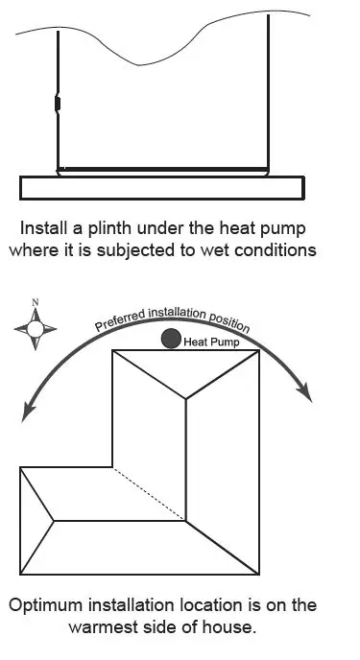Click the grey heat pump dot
[x=171, y=338]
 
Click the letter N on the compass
[x=36, y=303]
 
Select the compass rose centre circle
[x=36, y=329]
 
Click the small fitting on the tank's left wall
[x=57, y=103]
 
